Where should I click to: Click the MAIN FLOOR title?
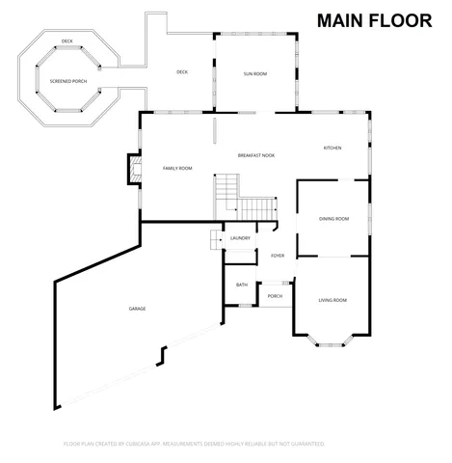coord(374,22)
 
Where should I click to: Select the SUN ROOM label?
coord(254,73)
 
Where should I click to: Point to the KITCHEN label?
coord(332,148)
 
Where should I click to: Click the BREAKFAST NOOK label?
coord(256,155)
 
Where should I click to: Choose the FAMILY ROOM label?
coord(177,168)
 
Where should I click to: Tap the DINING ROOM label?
coord(333,219)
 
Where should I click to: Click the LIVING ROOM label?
coord(332,300)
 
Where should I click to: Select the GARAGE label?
coord(137,309)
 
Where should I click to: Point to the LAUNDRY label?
coord(240,238)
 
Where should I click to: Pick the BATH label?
coord(242,285)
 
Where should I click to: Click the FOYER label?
coord(278,256)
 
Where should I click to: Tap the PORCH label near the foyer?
coord(275,296)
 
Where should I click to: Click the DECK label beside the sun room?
coord(181,72)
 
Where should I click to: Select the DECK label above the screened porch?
coord(66,41)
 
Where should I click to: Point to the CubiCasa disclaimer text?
coord(195,444)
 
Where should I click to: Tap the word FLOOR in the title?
coord(402,22)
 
